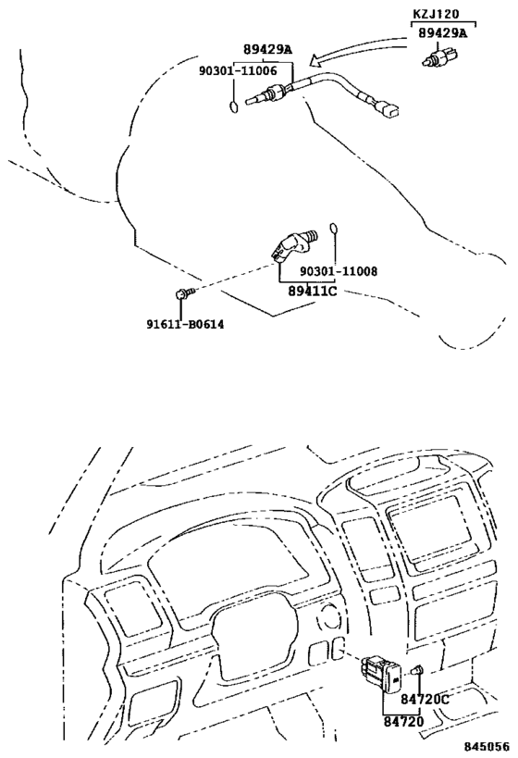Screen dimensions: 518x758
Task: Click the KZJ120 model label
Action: point(436,14)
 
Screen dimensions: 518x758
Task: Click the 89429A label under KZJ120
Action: point(443,33)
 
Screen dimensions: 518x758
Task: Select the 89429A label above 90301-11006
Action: point(267,49)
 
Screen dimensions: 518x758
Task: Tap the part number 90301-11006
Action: point(238,71)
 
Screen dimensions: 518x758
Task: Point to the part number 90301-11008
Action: point(339,271)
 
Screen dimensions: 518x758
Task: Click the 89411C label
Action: point(313,291)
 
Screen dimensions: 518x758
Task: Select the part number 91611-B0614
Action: point(186,324)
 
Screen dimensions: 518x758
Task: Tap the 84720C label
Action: point(425,699)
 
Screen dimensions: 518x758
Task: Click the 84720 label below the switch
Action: point(403,721)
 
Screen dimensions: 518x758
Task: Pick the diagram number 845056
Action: point(487,747)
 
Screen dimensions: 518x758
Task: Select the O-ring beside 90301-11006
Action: point(234,106)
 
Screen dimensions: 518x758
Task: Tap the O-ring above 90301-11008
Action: point(333,229)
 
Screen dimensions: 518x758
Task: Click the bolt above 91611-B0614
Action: point(184,293)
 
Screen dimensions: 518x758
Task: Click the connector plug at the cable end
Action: point(387,109)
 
